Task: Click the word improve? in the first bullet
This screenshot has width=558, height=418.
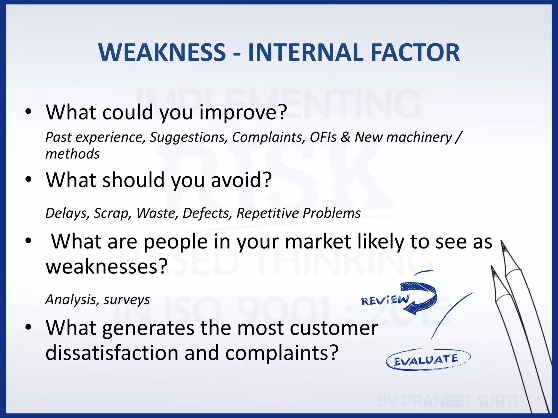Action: tap(243, 112)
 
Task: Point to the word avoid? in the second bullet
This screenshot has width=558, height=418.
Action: tap(241, 180)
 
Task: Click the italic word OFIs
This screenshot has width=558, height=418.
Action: tap(323, 137)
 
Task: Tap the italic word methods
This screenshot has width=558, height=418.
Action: tap(72, 154)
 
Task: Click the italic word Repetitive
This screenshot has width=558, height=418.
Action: tap(268, 213)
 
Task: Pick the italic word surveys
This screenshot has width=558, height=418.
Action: tap(127, 300)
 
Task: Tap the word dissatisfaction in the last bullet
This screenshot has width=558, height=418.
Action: tap(111, 353)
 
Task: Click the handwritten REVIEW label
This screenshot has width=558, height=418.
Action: tap(385, 300)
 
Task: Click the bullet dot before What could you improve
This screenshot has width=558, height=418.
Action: tap(28, 112)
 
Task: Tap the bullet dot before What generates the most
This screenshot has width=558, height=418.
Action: tap(28, 327)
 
